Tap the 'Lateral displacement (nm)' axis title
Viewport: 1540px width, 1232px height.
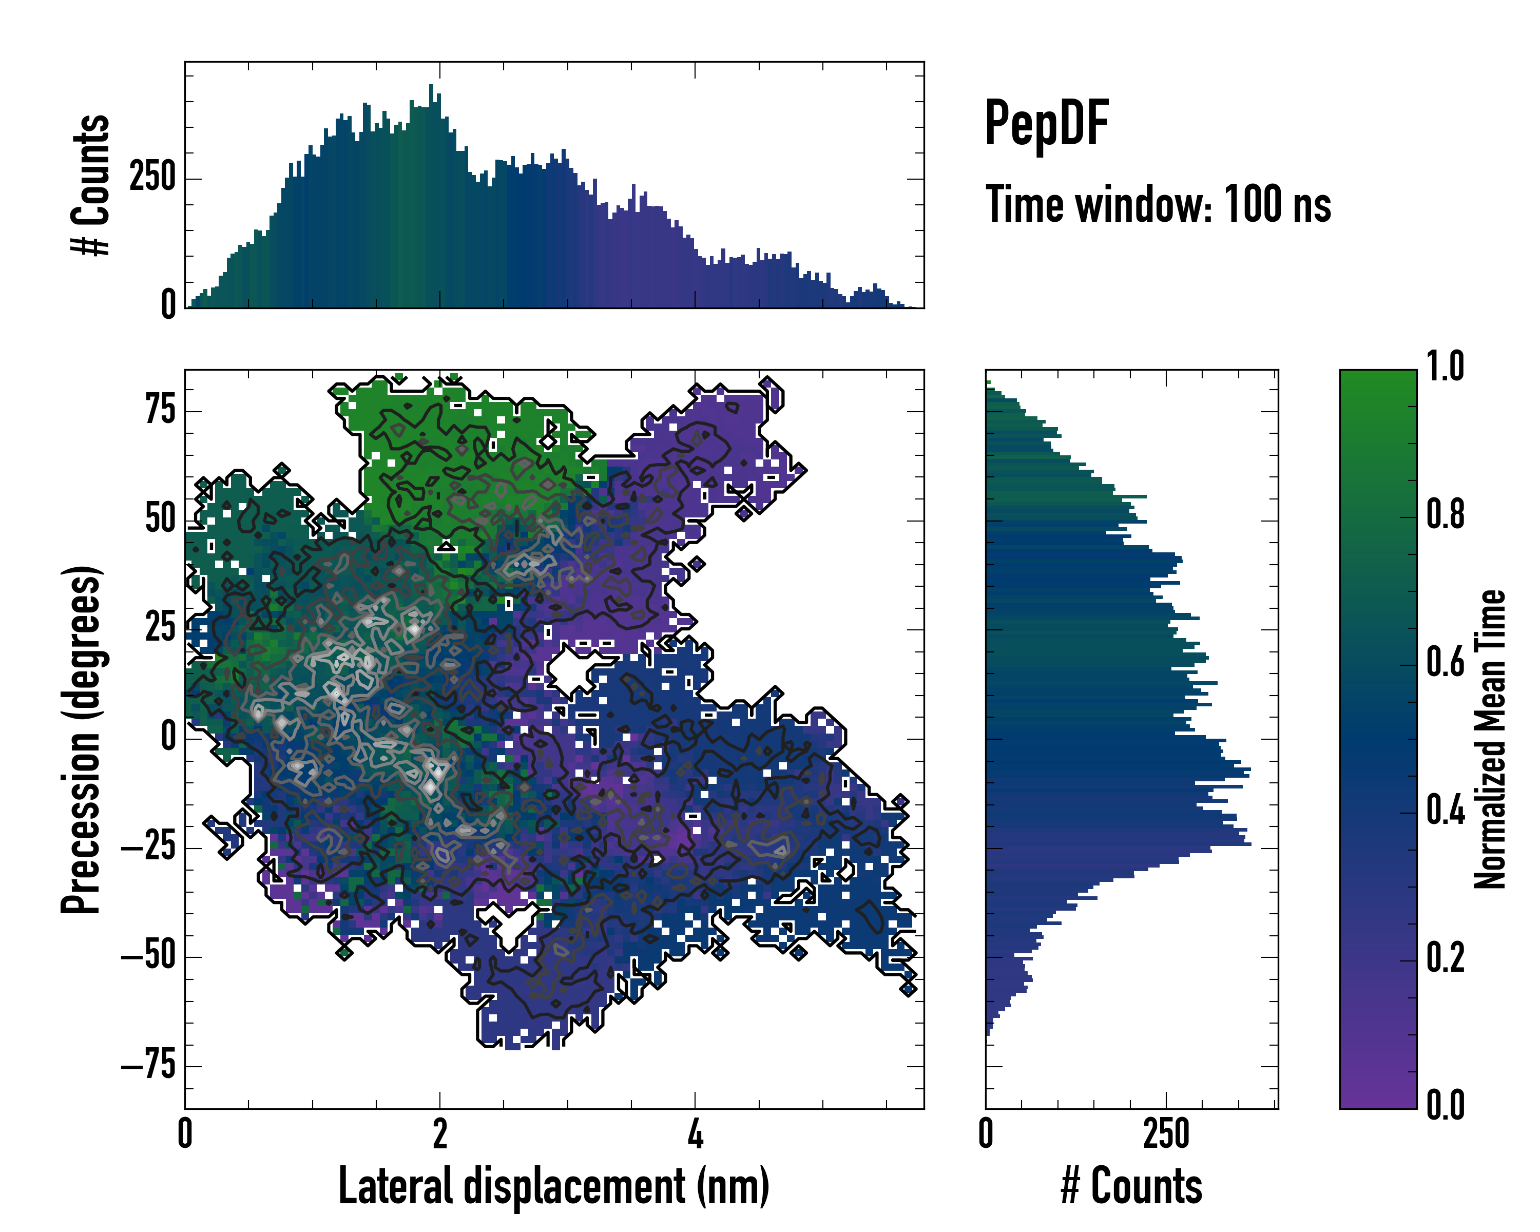[x=553, y=1187]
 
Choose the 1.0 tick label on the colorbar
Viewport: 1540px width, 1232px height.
[x=1445, y=367]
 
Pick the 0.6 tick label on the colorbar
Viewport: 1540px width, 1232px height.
[x=1445, y=662]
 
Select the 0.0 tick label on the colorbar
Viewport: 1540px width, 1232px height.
[x=1445, y=1105]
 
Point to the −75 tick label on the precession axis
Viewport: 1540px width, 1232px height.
[x=148, y=1066]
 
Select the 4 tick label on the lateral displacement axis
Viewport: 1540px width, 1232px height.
[x=695, y=1134]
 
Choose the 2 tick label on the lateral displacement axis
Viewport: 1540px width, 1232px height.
[x=440, y=1134]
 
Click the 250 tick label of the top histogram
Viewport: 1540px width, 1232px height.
[x=152, y=177]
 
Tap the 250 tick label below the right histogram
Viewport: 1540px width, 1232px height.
[x=1166, y=1134]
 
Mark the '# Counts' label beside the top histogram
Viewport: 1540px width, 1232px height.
[x=91, y=184]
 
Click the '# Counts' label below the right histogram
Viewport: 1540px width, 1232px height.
[x=1131, y=1187]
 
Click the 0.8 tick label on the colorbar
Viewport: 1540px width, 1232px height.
[x=1445, y=515]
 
